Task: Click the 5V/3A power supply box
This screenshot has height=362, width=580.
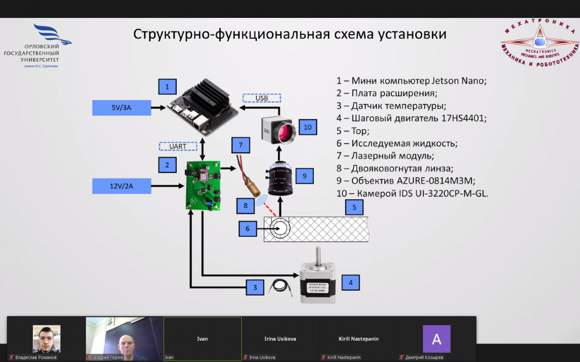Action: [x=121, y=107]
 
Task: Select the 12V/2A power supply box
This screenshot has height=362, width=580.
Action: [x=121, y=186]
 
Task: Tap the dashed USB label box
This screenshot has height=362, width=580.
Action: [x=262, y=98]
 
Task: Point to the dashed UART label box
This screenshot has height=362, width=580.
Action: [x=178, y=146]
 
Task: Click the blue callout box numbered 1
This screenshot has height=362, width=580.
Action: [x=167, y=87]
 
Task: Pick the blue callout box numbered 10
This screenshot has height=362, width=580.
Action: [x=307, y=127]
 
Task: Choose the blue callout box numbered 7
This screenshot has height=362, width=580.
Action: [x=240, y=144]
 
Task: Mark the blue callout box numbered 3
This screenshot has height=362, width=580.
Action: [x=254, y=287]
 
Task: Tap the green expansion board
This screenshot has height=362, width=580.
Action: [x=202, y=185]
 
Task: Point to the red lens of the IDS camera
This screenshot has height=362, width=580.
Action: [x=285, y=133]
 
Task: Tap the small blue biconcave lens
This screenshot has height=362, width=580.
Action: [x=262, y=200]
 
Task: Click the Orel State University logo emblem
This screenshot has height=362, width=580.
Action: [x=52, y=36]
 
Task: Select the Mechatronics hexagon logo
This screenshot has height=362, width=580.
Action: [x=539, y=43]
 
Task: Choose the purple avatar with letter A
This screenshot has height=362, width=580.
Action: [x=436, y=339]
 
